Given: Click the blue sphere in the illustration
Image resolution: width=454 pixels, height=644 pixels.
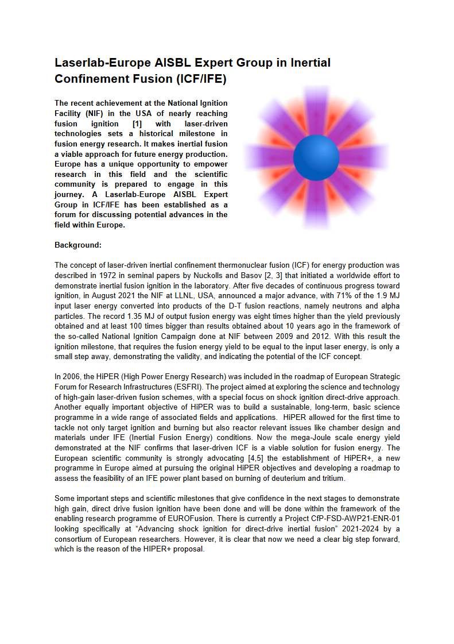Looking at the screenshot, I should (316, 157).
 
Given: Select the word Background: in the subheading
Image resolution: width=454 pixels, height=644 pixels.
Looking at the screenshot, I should (78, 245).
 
